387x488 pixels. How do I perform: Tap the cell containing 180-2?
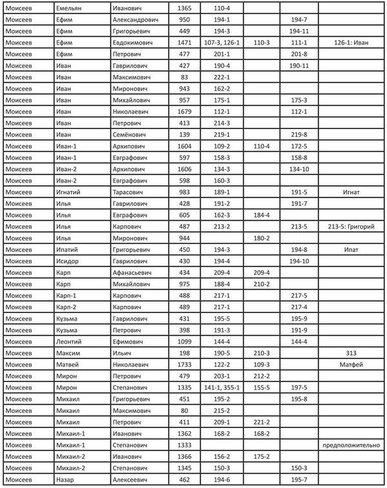coord(262,238)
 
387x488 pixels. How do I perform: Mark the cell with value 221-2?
coord(262,422)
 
